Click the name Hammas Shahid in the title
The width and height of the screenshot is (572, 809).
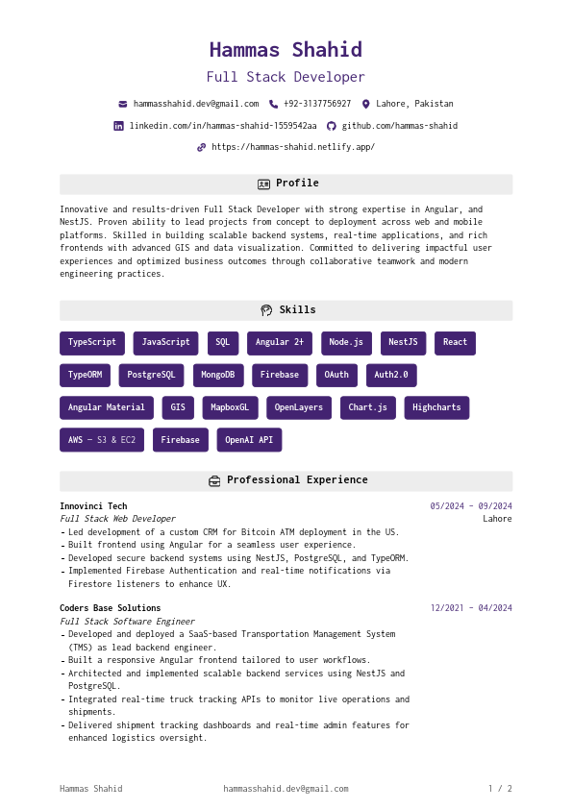(x=286, y=50)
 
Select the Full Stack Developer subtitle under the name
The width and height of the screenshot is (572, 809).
(x=286, y=77)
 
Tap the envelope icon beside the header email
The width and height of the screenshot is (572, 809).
(x=123, y=104)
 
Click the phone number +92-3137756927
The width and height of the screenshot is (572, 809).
(x=317, y=104)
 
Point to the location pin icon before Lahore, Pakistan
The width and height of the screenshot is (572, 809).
(x=365, y=104)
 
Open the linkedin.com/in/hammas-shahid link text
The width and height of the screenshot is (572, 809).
(x=223, y=126)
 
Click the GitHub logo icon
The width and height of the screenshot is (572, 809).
(x=332, y=126)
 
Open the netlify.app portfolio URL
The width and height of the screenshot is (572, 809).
(x=293, y=147)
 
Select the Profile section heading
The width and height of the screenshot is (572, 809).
(x=297, y=184)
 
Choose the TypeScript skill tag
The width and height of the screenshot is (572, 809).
(x=92, y=343)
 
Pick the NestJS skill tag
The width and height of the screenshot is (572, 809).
(x=403, y=343)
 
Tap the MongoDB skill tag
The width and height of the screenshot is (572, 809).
(x=217, y=375)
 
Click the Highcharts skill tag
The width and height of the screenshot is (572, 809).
(x=436, y=407)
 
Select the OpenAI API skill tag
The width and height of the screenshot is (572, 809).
(x=249, y=440)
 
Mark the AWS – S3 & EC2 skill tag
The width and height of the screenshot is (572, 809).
(x=102, y=440)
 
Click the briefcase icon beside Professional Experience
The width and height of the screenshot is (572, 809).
(x=214, y=480)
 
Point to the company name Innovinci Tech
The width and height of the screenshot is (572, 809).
(x=93, y=506)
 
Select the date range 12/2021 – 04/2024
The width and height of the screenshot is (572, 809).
(x=471, y=608)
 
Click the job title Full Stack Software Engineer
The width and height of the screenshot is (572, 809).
(x=127, y=622)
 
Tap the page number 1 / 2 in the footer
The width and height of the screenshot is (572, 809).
(x=500, y=789)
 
